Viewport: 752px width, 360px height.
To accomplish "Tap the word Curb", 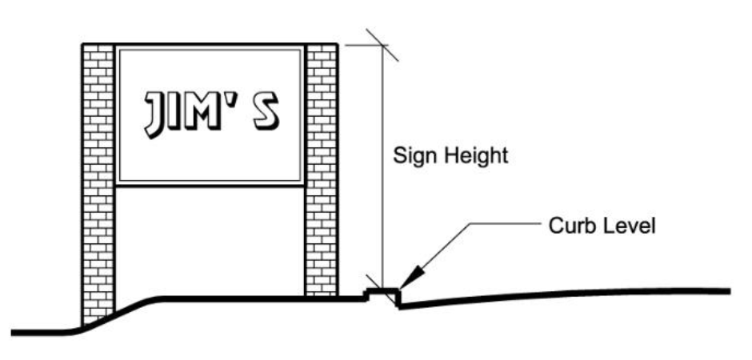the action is click(x=568, y=226).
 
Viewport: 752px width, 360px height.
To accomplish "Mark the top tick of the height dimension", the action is click(x=382, y=45).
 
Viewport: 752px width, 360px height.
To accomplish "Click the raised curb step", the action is click(x=382, y=293).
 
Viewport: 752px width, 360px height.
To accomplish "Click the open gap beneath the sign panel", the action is click(x=210, y=240).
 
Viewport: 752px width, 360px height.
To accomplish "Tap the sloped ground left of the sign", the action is click(x=120, y=313).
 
